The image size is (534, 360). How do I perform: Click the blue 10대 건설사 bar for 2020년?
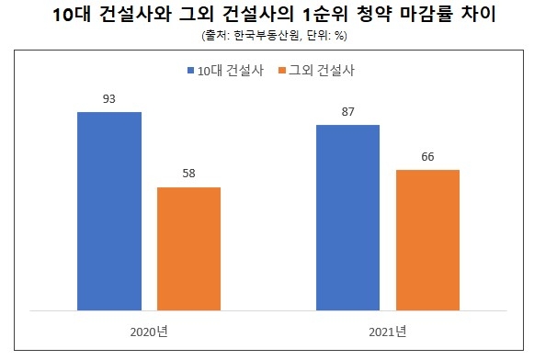(109, 210)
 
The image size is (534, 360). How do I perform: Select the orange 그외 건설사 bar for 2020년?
(189, 248)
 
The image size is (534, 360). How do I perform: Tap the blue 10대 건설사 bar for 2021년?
(347, 217)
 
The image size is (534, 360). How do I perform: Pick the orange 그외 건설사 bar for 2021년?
(427, 240)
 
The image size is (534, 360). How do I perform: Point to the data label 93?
(109, 98)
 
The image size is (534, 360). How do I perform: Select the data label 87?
(347, 111)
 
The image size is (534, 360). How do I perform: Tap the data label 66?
(427, 156)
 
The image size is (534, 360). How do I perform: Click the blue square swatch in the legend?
(189, 70)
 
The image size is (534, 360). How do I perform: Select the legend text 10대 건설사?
(228, 70)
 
